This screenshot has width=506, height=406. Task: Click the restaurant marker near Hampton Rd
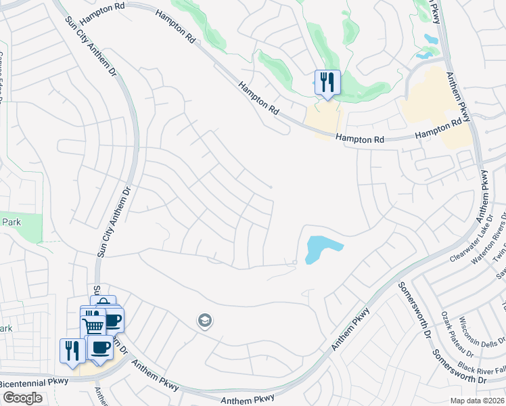[327, 83]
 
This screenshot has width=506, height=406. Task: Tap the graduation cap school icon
[205, 320]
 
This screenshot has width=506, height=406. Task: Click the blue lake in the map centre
[321, 248]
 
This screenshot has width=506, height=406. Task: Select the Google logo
[22, 397]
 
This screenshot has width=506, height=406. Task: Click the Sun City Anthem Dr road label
[112, 210]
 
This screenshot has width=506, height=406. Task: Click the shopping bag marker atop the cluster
[103, 303]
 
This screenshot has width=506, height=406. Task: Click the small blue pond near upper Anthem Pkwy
[430, 39]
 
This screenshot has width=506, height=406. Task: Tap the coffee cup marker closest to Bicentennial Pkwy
[101, 348]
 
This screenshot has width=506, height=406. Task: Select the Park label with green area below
[12, 222]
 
